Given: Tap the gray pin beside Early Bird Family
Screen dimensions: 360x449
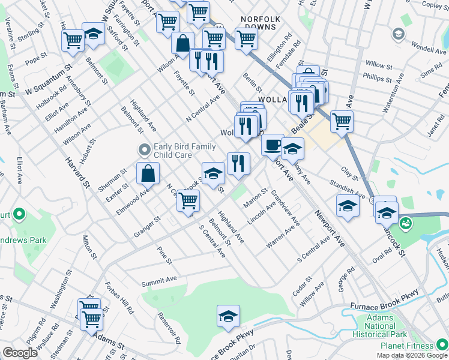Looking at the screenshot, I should pyautogui.click(x=143, y=148).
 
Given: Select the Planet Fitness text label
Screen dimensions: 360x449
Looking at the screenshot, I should pyautogui.click(x=406, y=346).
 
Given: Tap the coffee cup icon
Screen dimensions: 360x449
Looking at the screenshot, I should pyautogui.click(x=272, y=145).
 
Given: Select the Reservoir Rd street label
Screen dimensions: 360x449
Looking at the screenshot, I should pyautogui.click(x=174, y=335).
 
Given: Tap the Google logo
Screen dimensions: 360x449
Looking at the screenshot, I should pyautogui.click(x=20, y=353).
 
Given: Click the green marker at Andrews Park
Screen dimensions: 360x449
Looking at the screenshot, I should pyautogui.click(x=19, y=214).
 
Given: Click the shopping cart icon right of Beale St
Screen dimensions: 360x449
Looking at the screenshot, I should pyautogui.click(x=341, y=121).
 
